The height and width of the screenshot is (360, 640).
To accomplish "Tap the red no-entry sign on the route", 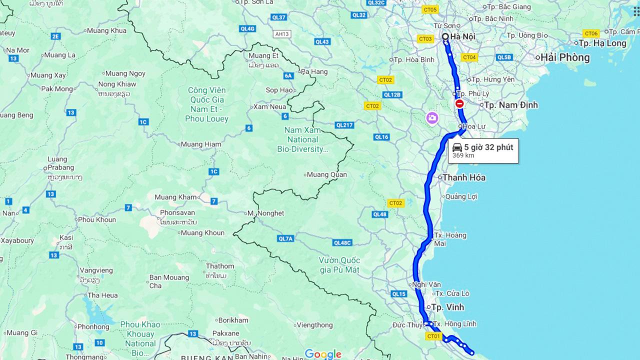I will (459, 104).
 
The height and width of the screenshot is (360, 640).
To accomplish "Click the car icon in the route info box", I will (457, 147).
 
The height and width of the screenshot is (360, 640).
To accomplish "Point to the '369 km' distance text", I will (463, 155).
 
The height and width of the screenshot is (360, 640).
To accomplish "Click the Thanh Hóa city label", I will (463, 177).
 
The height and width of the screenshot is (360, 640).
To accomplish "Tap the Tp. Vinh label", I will (447, 307).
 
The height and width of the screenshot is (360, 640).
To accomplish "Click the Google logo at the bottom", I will (323, 354).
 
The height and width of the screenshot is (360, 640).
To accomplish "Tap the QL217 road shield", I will (344, 125).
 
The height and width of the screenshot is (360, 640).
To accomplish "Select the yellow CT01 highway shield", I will (433, 336).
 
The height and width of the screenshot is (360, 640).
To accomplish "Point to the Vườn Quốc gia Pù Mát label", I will (339, 265).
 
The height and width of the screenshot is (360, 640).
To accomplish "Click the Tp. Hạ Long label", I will (604, 43).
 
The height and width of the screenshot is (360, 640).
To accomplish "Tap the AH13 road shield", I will (282, 34).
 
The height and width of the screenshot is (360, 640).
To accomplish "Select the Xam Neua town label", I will (270, 106).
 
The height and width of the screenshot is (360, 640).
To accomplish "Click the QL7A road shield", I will (285, 239).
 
